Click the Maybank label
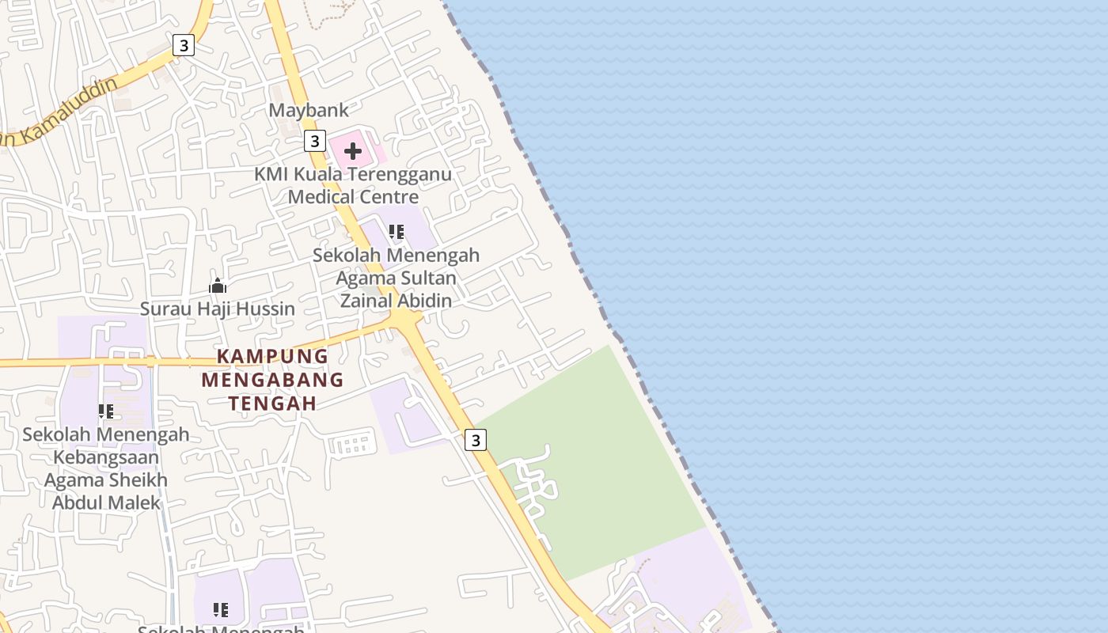pos(309,110)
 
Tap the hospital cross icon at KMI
pos(353,151)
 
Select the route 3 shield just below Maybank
pos(315,141)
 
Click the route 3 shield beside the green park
pos(475,440)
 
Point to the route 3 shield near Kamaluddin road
pos(184,45)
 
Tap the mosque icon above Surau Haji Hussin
pos(218,286)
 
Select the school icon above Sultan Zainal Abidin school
pos(397,232)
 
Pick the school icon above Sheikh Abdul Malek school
pos(106,411)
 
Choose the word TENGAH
pos(272,404)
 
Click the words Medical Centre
pos(353,195)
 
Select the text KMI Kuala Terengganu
pos(353,174)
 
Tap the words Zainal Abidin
pos(396,301)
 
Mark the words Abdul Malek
pos(106,502)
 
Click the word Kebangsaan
pos(106,457)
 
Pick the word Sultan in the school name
pos(427,279)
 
